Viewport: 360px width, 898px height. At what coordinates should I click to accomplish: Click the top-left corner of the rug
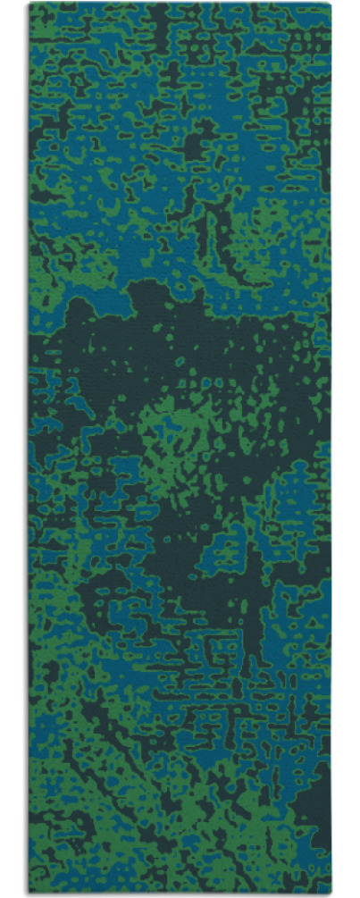pos(29,4)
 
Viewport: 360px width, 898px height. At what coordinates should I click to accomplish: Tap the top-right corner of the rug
pos(331,4)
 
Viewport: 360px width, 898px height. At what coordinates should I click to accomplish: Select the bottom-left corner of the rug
pos(29,892)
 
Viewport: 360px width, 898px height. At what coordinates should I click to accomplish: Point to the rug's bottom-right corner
pos(331,892)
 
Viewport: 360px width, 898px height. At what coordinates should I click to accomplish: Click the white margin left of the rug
pos(13,447)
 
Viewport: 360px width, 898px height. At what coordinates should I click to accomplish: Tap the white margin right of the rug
pos(347,447)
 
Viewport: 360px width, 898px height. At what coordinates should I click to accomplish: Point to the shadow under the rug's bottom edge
pos(179,894)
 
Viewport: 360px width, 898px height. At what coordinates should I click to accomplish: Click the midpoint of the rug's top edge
pos(180,4)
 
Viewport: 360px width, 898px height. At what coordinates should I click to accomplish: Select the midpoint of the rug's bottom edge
pos(180,892)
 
